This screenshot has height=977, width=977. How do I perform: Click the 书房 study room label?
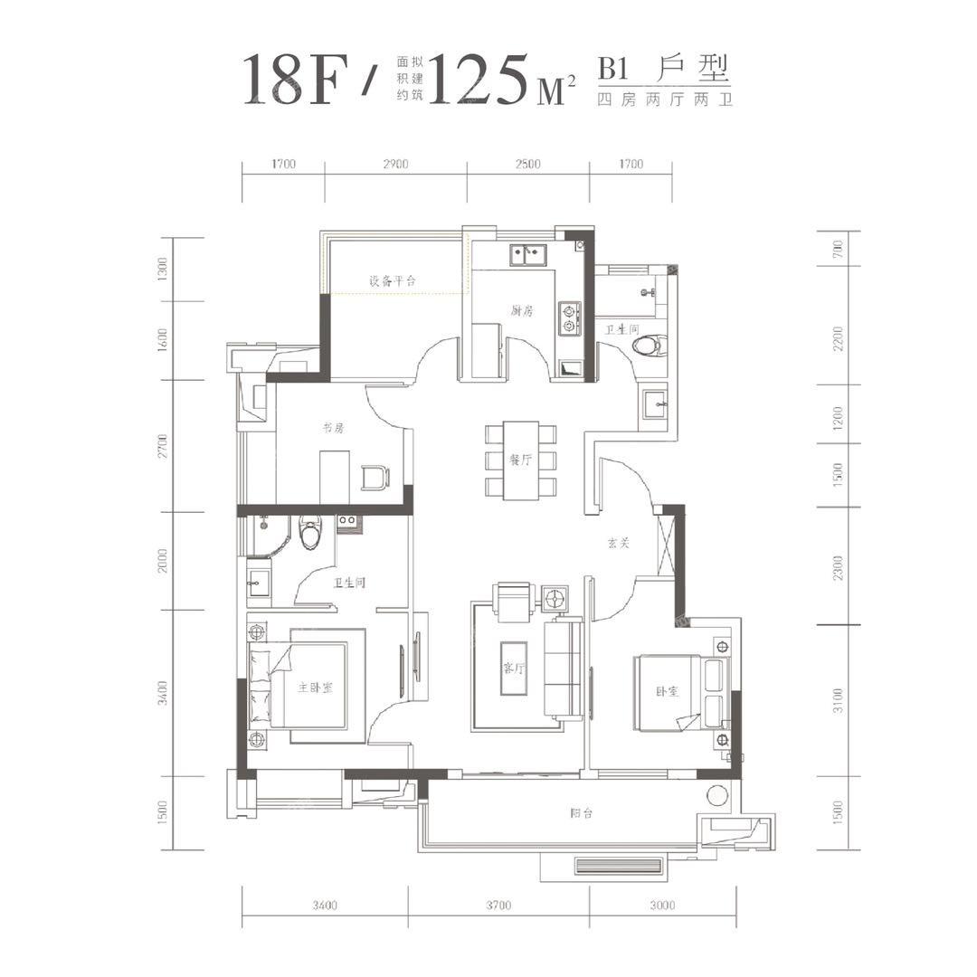(x=333, y=428)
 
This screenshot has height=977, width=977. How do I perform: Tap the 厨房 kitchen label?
(x=522, y=310)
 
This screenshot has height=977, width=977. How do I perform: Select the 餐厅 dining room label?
(x=521, y=460)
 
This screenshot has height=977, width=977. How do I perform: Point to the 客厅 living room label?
(x=514, y=669)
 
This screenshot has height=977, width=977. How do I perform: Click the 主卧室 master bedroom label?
(x=315, y=688)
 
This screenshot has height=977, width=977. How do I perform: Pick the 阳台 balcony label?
(x=582, y=812)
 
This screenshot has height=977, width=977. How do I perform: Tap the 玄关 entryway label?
(x=619, y=544)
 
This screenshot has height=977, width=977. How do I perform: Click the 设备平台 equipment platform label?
(x=393, y=280)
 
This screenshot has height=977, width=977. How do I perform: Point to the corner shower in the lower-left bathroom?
(x=269, y=536)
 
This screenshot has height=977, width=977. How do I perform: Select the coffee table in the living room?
(x=514, y=668)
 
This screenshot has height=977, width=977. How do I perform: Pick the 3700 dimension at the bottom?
(x=498, y=906)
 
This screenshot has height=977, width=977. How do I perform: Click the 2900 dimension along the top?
(x=395, y=164)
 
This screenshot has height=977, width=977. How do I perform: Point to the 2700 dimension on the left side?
(x=163, y=446)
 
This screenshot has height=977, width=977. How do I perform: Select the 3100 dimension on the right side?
(x=838, y=700)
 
